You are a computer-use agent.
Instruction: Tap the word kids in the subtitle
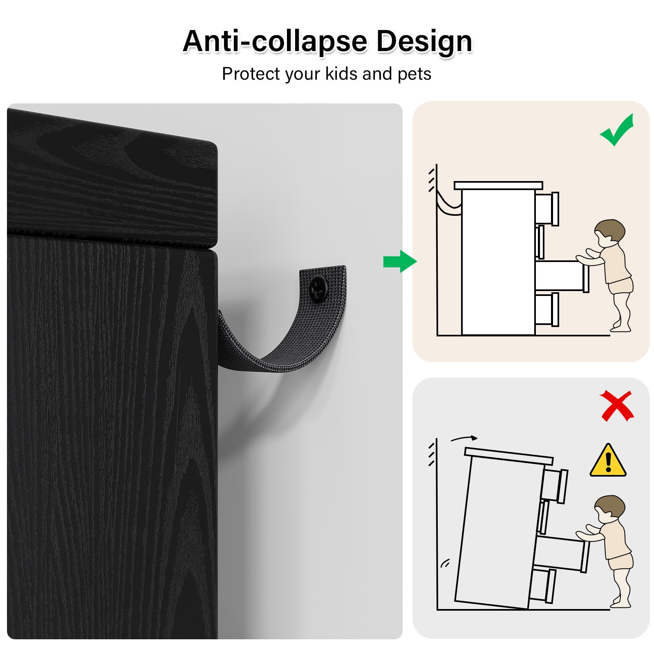click(x=342, y=74)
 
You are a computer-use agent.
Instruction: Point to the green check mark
click(x=617, y=130)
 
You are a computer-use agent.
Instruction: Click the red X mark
click(x=617, y=405)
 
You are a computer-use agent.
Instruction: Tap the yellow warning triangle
click(x=608, y=461)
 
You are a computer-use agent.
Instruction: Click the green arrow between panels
click(x=400, y=261)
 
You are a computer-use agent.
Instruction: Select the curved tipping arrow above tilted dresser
click(x=464, y=439)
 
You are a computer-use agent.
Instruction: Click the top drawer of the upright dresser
click(x=547, y=208)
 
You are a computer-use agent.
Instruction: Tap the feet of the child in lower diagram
click(x=620, y=603)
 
